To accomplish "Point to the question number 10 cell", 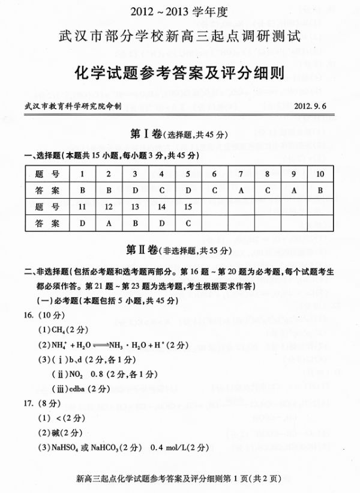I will pos(320,174).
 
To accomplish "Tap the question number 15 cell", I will pos(188,207).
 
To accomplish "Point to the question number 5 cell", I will pos(188,174).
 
